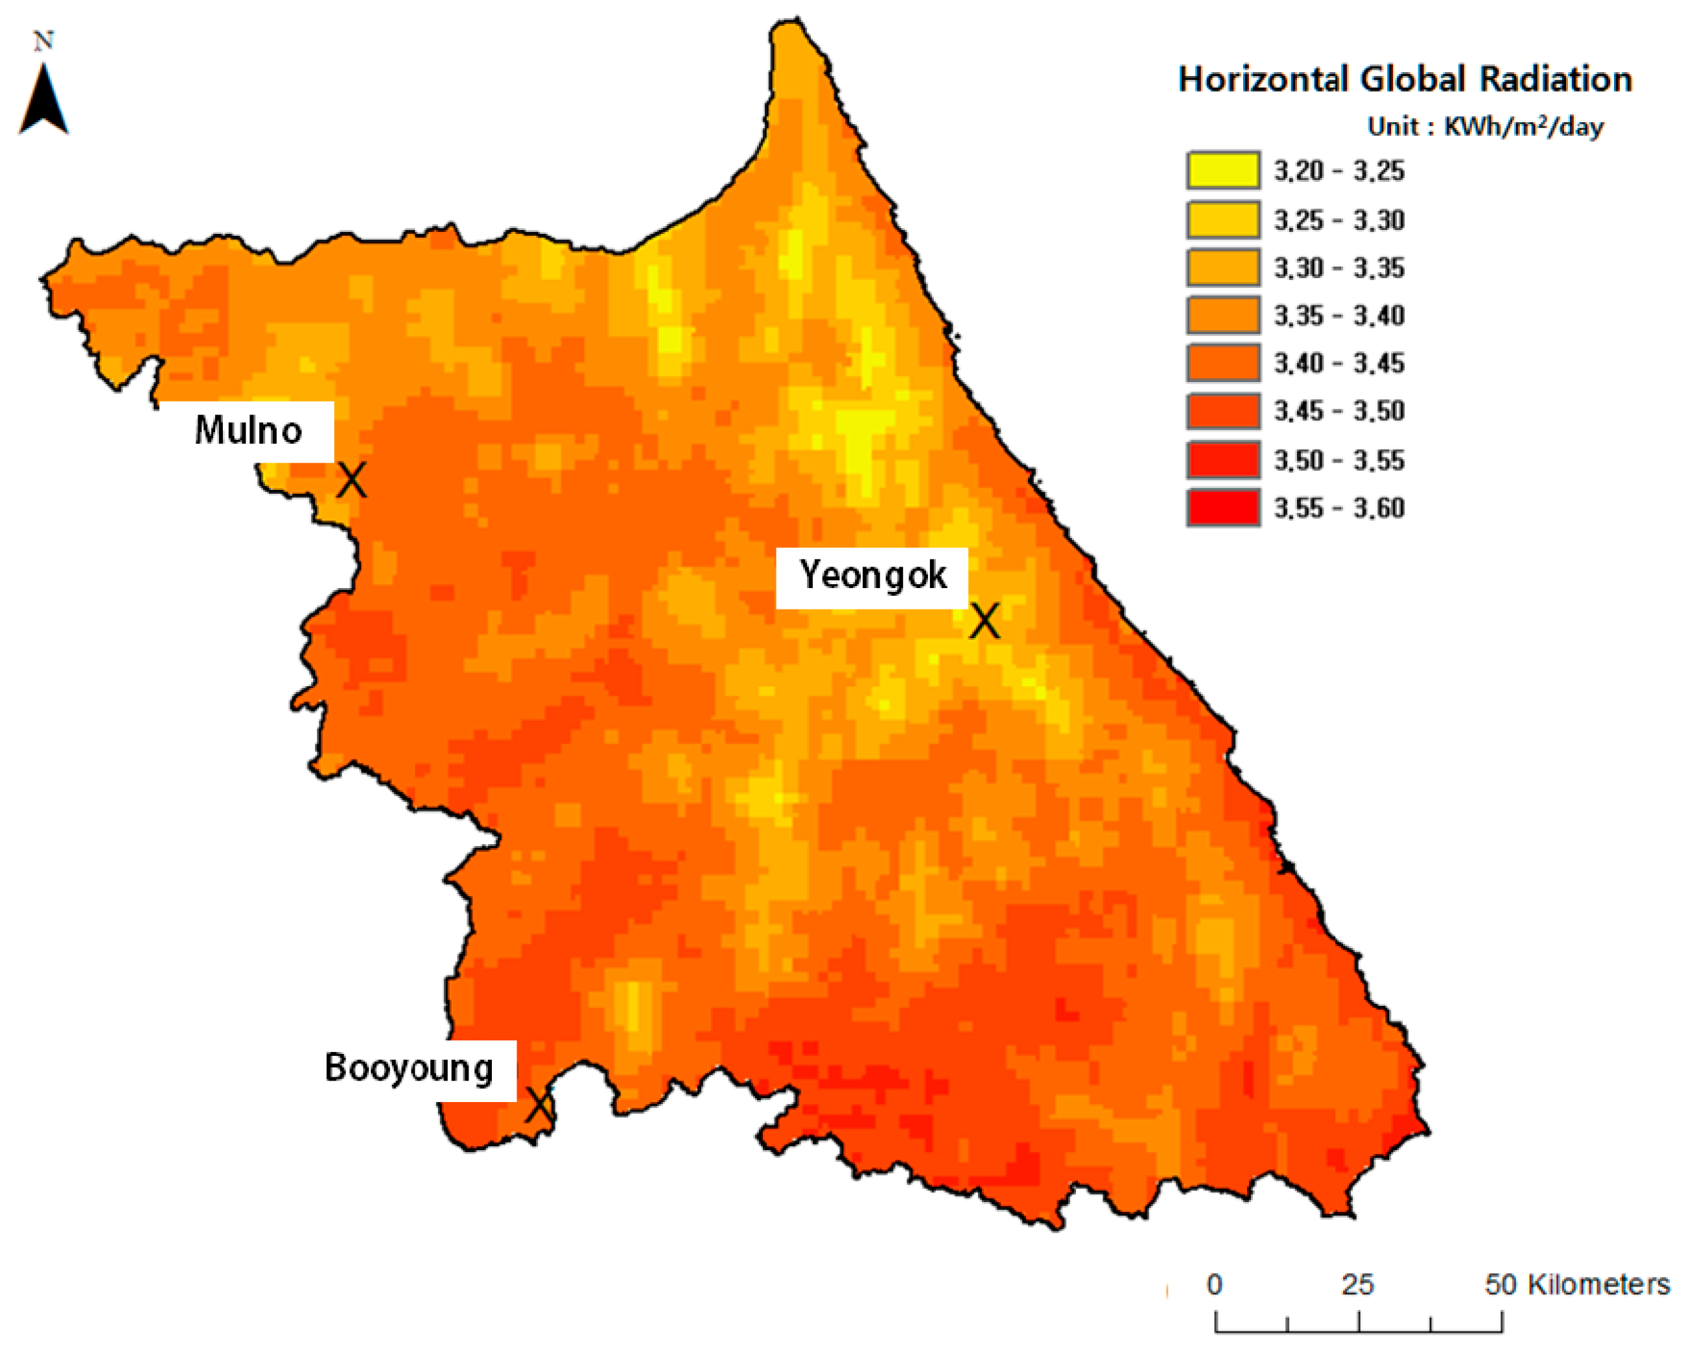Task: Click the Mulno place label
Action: pyautogui.click(x=248, y=430)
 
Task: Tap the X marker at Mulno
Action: pyautogui.click(x=351, y=480)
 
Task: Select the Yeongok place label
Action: pyautogui.click(x=873, y=576)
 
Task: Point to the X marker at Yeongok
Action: pyautogui.click(x=984, y=621)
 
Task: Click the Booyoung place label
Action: pyautogui.click(x=409, y=1068)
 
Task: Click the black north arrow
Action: pyautogui.click(x=44, y=101)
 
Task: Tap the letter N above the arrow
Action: pyautogui.click(x=44, y=40)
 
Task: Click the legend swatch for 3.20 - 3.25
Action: pyautogui.click(x=1222, y=171)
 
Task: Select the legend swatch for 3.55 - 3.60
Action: pyautogui.click(x=1222, y=507)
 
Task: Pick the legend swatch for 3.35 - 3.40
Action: pyautogui.click(x=1222, y=315)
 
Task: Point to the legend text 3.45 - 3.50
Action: pyautogui.click(x=1339, y=411)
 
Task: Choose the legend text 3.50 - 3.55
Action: pyautogui.click(x=1339, y=460)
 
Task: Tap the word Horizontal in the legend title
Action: pyautogui.click(x=1263, y=79)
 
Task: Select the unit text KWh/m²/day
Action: pyautogui.click(x=1524, y=126)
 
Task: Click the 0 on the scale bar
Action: pyautogui.click(x=1214, y=1284)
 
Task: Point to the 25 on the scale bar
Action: pyautogui.click(x=1357, y=1284)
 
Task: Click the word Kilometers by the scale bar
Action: pyautogui.click(x=1598, y=1284)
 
